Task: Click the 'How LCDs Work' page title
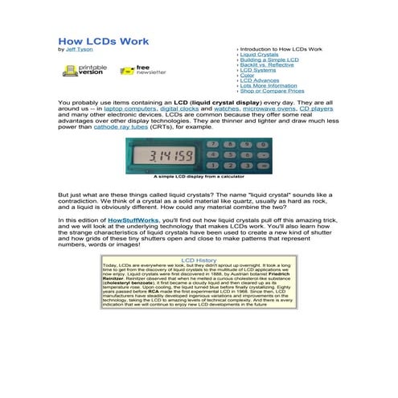pos(103,41)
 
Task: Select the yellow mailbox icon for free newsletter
pos(125,70)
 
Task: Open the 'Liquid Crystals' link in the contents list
pos(259,55)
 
